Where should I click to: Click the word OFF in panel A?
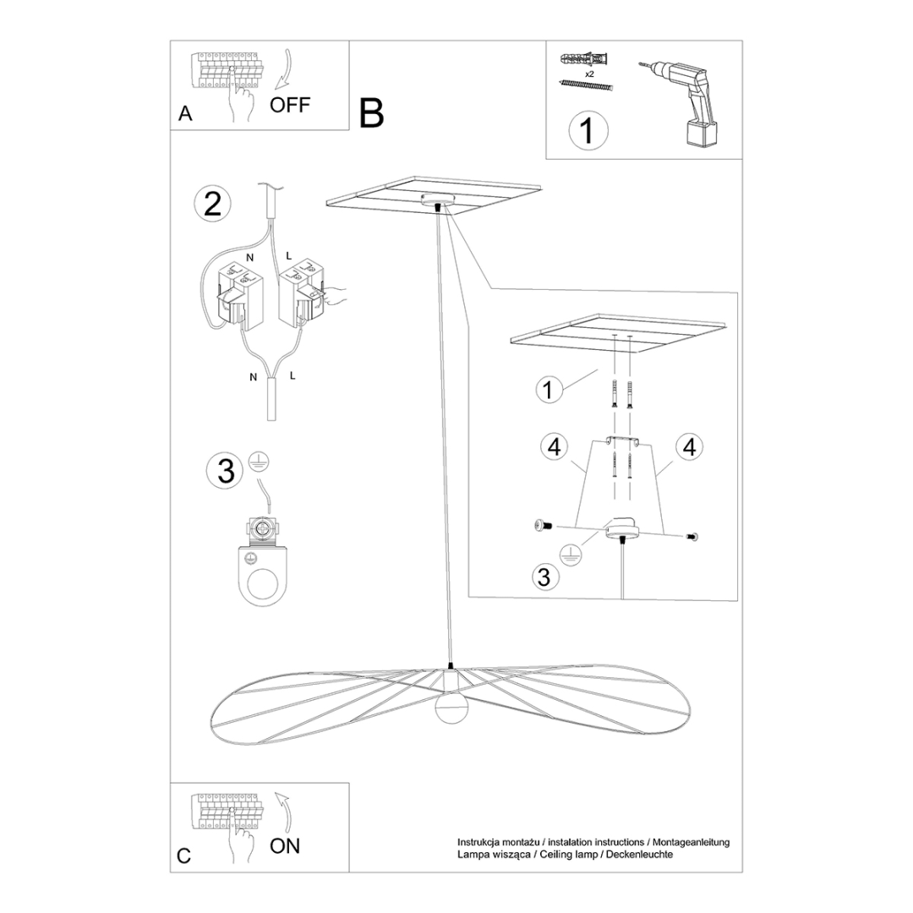(x=290, y=105)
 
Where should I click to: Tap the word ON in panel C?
(x=285, y=845)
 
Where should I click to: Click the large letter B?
(x=371, y=112)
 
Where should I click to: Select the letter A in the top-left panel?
(x=186, y=114)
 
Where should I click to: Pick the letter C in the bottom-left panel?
(x=185, y=856)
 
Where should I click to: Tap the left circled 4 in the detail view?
(x=554, y=447)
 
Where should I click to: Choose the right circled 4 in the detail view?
(x=689, y=447)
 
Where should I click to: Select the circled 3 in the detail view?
(x=544, y=577)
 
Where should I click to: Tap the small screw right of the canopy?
(x=694, y=535)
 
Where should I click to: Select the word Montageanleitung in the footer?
(x=689, y=842)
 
